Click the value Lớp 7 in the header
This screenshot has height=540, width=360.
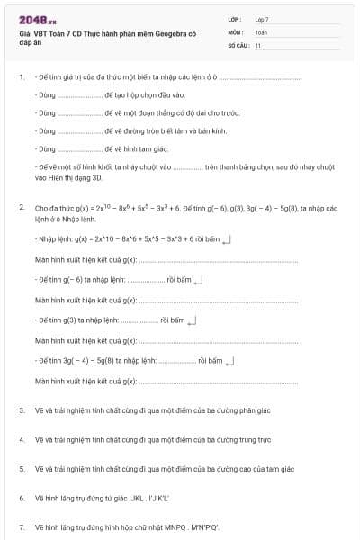pos(262,19)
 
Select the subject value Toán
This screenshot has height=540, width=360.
pos(261,31)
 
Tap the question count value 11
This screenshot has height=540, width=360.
pos(258,45)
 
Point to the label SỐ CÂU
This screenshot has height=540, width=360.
pos(237,45)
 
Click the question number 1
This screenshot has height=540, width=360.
pos(21,77)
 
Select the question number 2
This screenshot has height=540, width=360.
pos(21,208)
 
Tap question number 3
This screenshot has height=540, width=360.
pos(21,410)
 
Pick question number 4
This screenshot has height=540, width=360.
pos(21,439)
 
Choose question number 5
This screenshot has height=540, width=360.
pos(21,469)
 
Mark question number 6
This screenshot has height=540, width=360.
pos(21,498)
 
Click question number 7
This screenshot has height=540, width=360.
pos(21,526)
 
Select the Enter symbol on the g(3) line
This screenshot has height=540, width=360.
pos(190,320)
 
